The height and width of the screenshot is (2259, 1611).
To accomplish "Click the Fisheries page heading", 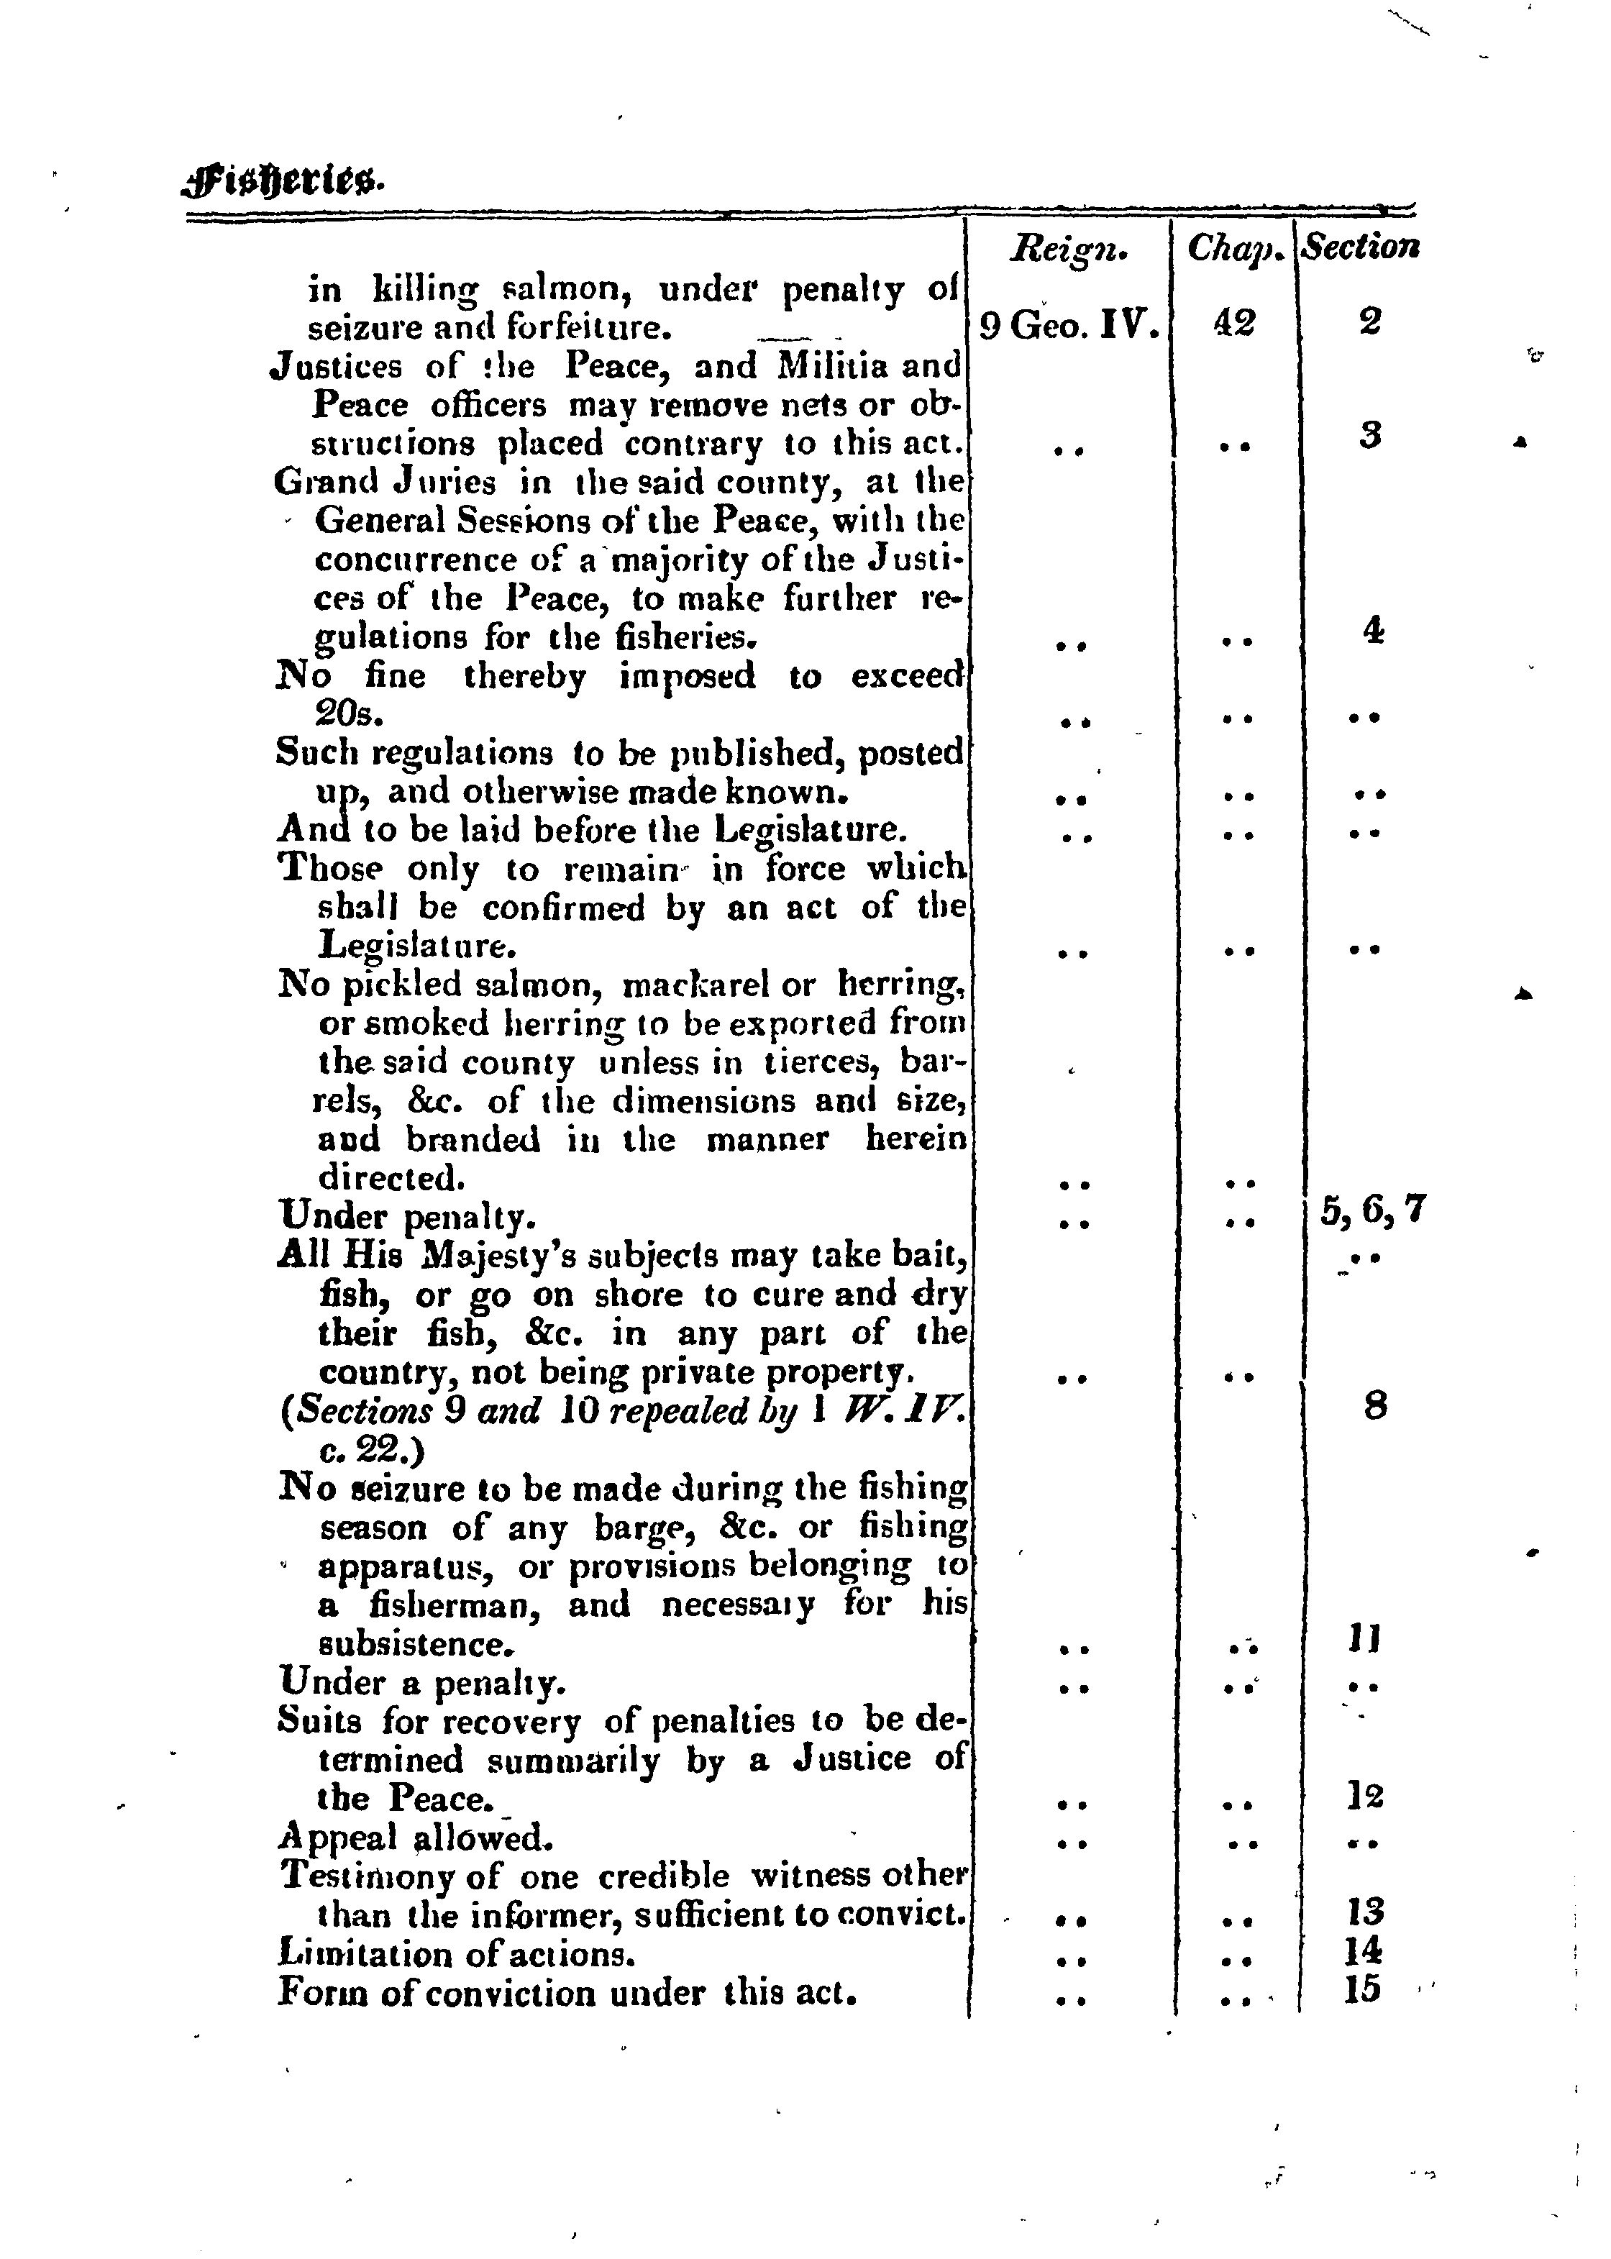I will [x=283, y=181].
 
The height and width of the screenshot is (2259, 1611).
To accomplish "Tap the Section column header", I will [x=1360, y=247].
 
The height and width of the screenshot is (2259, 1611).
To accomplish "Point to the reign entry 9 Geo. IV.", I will [x=1069, y=325].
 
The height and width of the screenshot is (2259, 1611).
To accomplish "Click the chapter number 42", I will [x=1234, y=322].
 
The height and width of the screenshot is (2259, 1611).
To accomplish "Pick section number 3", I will [x=1370, y=436].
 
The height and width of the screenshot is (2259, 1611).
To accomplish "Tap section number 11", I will [x=1365, y=1639].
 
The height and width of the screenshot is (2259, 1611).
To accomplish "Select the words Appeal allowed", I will [x=414, y=1838].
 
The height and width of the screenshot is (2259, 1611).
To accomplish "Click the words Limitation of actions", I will [x=456, y=1953].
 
